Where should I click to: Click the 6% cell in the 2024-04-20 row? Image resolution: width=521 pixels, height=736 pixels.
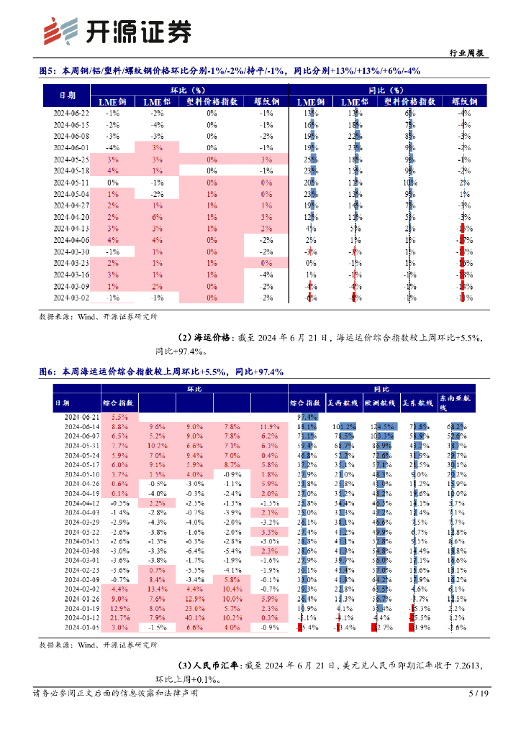[x=158, y=217]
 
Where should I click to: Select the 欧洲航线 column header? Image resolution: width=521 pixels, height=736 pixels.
[x=381, y=404]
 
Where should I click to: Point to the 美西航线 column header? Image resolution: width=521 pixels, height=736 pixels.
[x=344, y=404]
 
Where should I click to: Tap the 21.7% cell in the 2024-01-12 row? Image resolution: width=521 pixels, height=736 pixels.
[x=120, y=617]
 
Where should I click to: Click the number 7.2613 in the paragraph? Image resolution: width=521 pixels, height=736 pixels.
[x=464, y=666]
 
